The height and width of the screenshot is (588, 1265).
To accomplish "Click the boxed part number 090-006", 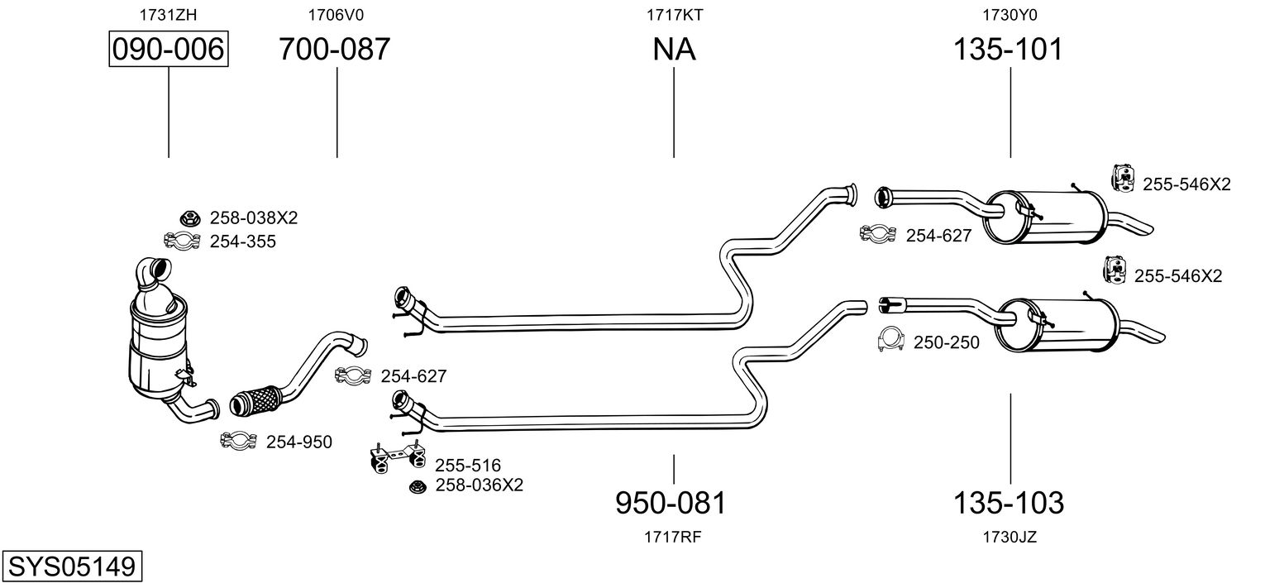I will tap(169, 50).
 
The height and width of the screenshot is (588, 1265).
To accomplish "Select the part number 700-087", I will tap(334, 50).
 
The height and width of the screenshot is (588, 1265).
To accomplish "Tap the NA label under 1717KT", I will tap(674, 50).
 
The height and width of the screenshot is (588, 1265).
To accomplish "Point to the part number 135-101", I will tap(1008, 50).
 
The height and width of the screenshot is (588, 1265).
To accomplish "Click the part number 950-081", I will tap(671, 502).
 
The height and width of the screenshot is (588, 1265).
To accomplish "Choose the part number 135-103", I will tap(1009, 502).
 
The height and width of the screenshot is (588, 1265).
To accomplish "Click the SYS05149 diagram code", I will tap(71, 566).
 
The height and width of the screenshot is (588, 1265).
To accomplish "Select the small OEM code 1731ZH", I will tap(169, 14).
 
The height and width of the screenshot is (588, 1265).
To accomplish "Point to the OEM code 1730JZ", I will tap(1010, 537).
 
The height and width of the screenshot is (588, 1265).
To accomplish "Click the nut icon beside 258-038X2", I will tap(191, 219).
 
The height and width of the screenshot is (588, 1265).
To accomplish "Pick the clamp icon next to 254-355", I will tap(182, 241).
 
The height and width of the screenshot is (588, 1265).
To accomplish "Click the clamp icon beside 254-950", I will tap(239, 442).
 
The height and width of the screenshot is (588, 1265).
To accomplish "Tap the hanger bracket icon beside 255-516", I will tap(396, 460).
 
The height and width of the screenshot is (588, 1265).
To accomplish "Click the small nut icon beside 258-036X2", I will tap(418, 486).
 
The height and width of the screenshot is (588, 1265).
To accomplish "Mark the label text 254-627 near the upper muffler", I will tap(938, 236).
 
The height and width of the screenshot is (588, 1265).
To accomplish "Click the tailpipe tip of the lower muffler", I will tap(1153, 337).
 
